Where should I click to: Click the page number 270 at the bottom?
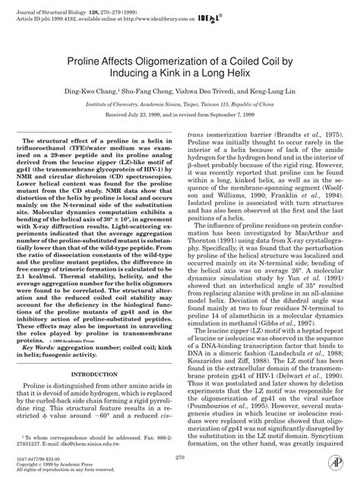(x=179, y=457)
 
